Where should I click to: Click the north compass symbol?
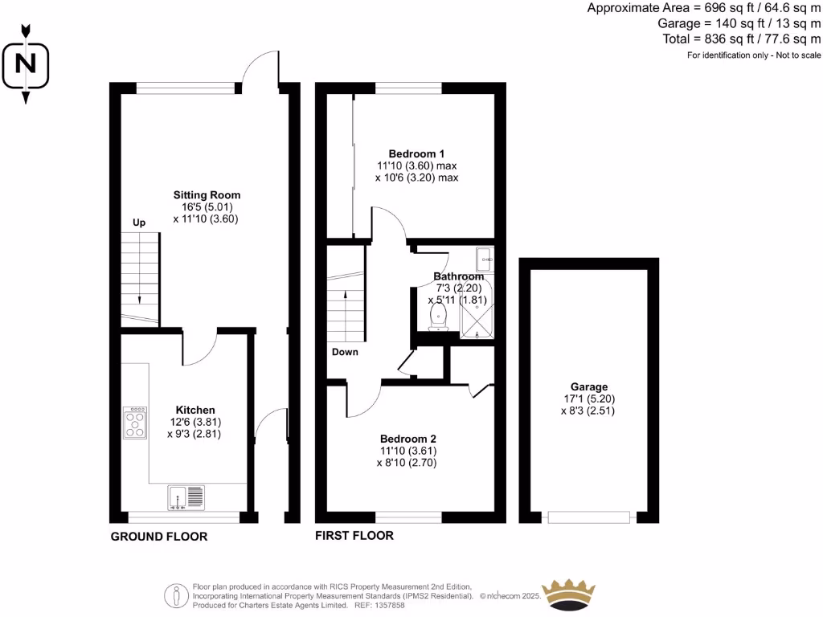26,63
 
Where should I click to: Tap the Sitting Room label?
207,195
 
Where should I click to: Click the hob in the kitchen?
135,423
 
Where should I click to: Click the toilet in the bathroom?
439,316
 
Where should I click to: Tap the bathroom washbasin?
484,259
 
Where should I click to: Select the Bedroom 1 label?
416,153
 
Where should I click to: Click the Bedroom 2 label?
407,439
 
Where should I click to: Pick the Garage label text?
590,386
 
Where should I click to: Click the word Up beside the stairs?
139,223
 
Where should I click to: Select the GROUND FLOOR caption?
158,537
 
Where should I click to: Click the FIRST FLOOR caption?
354,535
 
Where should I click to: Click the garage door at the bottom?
589,517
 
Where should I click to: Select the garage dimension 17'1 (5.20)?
590,398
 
